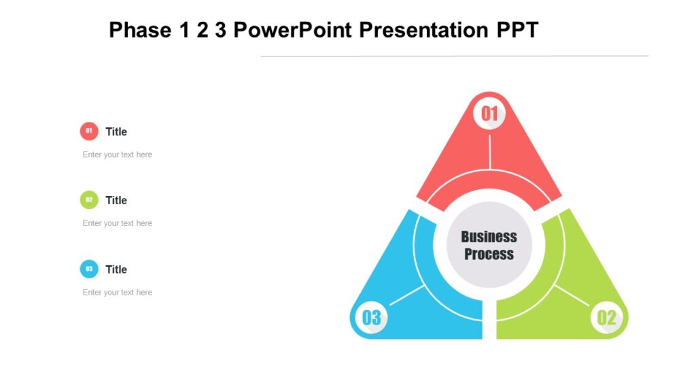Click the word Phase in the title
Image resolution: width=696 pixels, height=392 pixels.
click(x=139, y=30)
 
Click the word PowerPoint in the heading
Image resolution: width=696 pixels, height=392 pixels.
click(x=292, y=30)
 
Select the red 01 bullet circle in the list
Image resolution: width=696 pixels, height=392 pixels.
click(x=89, y=131)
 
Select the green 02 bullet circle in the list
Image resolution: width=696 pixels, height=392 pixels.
click(x=89, y=199)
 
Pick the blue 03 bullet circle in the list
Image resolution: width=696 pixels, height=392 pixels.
click(x=89, y=269)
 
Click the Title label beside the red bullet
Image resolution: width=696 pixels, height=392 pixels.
click(x=116, y=131)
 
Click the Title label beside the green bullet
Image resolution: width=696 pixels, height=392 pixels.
click(x=116, y=200)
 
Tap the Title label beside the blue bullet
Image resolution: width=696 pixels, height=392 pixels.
click(x=116, y=269)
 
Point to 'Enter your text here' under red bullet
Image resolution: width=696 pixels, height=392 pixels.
click(x=117, y=154)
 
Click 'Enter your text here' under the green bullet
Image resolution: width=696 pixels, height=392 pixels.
click(x=117, y=223)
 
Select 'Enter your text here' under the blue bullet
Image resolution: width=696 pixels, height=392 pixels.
click(x=117, y=293)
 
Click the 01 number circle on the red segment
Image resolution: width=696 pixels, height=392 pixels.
click(x=489, y=114)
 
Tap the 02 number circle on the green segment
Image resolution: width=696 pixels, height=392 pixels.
click(x=606, y=317)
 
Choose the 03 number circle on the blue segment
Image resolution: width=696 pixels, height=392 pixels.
click(x=371, y=317)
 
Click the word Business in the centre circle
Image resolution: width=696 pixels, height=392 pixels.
click(x=489, y=237)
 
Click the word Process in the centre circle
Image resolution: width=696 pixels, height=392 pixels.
click(x=489, y=255)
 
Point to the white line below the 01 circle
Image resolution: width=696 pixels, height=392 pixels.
click(x=489, y=151)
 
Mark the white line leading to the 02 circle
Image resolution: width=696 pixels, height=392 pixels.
click(x=572, y=295)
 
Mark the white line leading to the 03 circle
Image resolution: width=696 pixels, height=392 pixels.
click(x=407, y=295)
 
